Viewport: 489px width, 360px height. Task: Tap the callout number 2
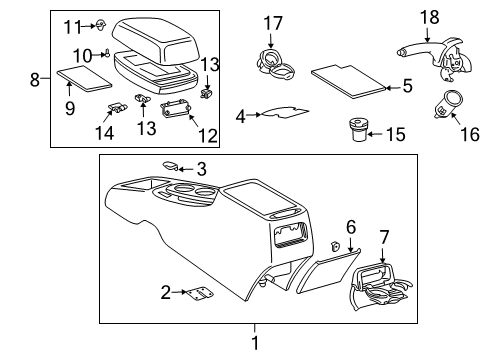pos(165,293)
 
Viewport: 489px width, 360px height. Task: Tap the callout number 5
pos(406,87)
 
